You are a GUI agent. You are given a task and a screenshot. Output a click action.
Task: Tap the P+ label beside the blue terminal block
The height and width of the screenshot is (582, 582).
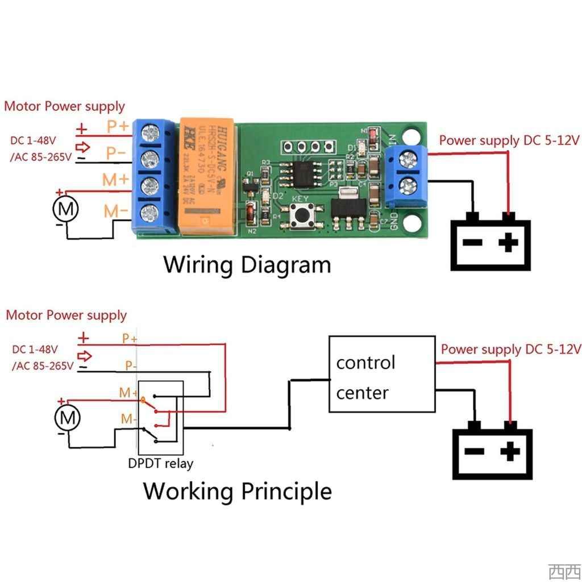tap(117, 125)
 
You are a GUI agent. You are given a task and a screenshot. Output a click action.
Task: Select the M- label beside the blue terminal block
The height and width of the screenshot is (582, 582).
tap(116, 211)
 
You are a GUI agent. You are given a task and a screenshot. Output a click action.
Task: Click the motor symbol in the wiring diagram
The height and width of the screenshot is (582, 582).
tap(65, 209)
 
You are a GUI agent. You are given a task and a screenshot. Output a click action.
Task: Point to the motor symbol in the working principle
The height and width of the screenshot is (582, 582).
tap(68, 419)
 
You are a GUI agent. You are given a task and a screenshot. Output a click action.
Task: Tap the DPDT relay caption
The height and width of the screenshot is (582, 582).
tap(160, 463)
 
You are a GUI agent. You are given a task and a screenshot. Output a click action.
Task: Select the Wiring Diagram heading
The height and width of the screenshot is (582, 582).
tap(247, 265)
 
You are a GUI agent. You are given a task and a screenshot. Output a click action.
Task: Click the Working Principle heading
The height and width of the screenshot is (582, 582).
tap(237, 490)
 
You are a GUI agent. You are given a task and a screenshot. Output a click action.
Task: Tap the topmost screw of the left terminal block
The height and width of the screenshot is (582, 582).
tap(150, 133)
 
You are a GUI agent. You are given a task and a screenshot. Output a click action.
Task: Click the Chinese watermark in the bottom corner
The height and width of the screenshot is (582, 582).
tap(564, 571)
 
